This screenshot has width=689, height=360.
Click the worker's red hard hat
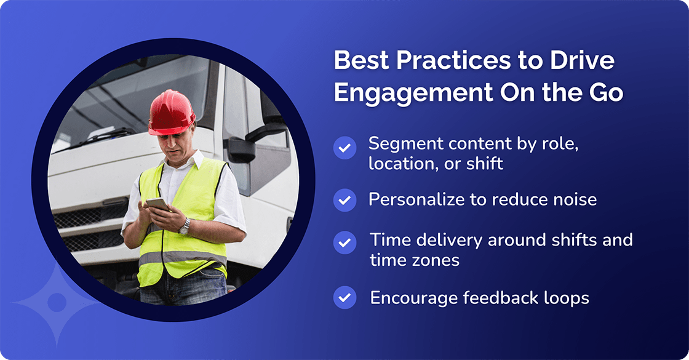tap(172, 112)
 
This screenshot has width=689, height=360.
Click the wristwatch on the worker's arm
tap(185, 226)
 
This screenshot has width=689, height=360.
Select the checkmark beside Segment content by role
tap(344, 148)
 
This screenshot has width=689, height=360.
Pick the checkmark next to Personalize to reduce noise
tap(344, 200)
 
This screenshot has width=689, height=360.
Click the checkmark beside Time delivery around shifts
tap(344, 242)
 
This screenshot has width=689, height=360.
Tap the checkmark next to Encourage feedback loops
tap(344, 298)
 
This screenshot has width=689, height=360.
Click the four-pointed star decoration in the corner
tap(57, 302)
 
